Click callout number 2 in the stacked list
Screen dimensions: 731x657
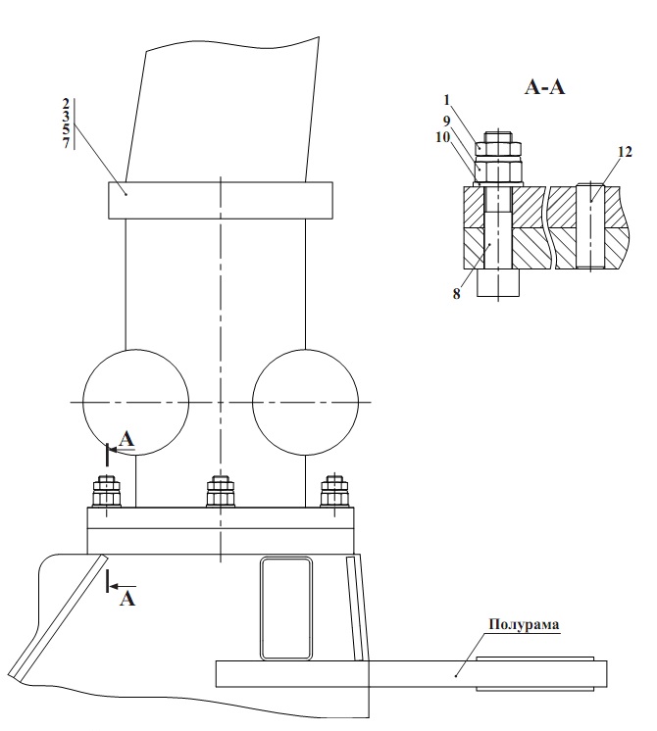(66, 103)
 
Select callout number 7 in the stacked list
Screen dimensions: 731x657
(66, 143)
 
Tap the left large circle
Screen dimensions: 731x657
(135, 401)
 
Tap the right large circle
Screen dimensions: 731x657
(304, 401)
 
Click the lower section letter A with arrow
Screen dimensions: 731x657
(126, 597)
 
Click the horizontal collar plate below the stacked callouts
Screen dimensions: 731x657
(221, 200)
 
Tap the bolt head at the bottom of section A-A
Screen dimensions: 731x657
(497, 284)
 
